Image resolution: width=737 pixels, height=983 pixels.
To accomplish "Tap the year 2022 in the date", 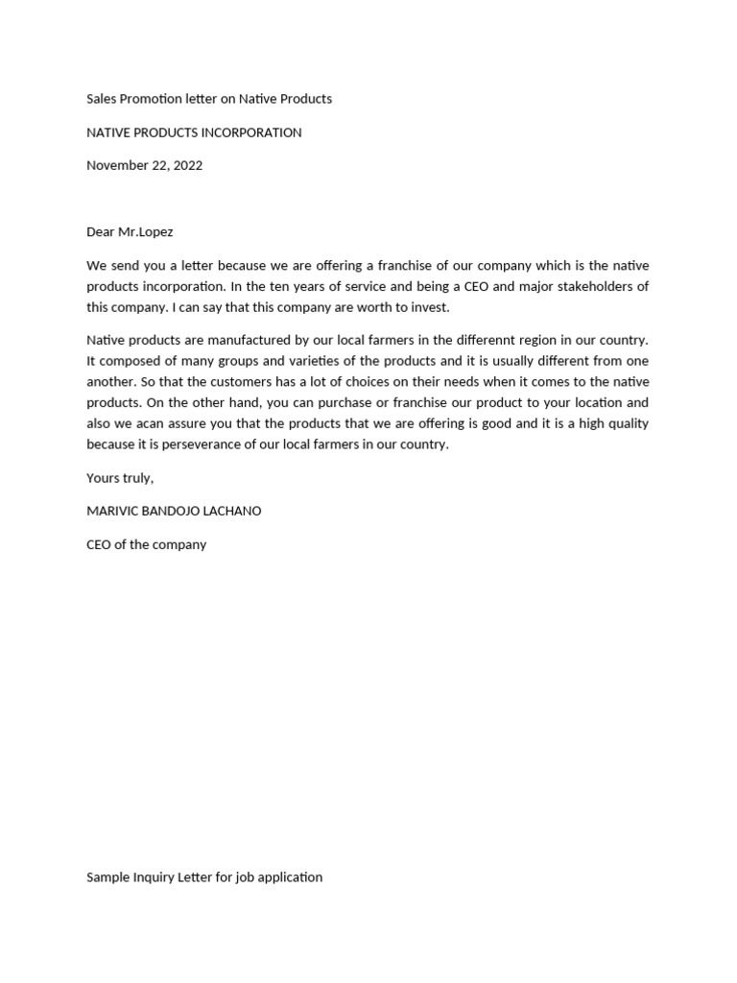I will pos(186,165).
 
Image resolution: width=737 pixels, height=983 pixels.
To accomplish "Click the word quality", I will pos(625,423).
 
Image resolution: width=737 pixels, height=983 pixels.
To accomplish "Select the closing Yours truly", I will pos(120,478).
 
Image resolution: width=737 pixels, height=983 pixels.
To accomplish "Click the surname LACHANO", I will pos(231,511).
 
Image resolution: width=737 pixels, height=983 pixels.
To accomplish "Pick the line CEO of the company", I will pos(146,544).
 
